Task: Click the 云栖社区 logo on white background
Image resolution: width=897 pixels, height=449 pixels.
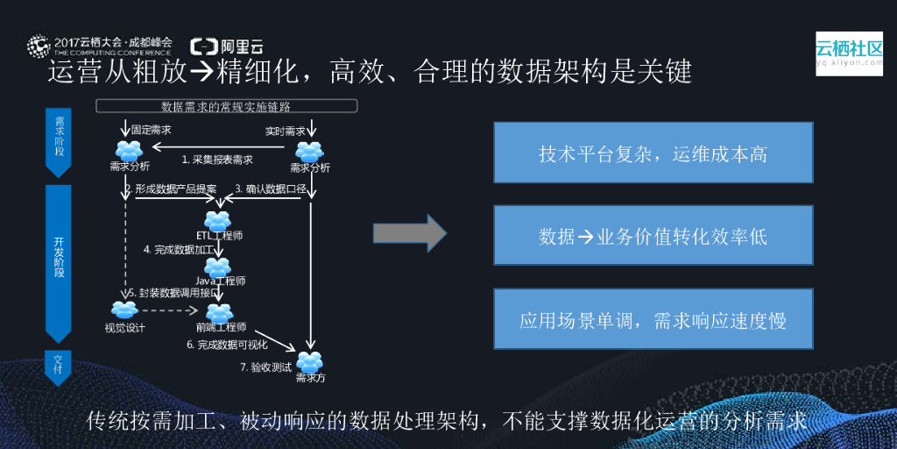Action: click(x=849, y=53)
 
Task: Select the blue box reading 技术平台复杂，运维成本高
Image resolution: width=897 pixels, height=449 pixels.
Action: click(x=653, y=153)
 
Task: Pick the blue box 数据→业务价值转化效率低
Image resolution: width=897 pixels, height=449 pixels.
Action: click(x=653, y=237)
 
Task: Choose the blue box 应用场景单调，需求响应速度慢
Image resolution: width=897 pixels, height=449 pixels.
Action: click(x=653, y=320)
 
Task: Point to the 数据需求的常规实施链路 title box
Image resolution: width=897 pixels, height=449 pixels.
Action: click(x=226, y=106)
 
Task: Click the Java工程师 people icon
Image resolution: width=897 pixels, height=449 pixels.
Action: click(x=217, y=267)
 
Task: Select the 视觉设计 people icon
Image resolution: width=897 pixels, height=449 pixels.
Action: click(x=124, y=310)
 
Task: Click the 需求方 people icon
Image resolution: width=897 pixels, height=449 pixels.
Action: click(x=310, y=361)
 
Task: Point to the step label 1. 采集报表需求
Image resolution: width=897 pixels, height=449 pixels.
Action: click(x=217, y=160)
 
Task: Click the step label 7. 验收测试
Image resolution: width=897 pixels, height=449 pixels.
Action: click(x=265, y=367)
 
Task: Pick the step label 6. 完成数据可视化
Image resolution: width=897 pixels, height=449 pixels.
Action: click(x=228, y=345)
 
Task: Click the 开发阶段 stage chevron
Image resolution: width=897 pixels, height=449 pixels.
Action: click(x=59, y=259)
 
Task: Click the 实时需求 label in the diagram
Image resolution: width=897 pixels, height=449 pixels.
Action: click(x=286, y=131)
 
